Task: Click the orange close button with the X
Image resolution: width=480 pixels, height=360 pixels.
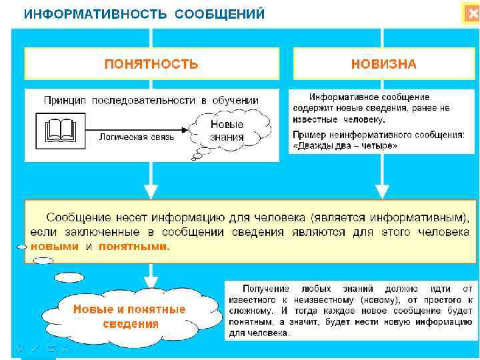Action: click(x=472, y=14)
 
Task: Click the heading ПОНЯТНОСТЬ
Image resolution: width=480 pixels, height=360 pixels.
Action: click(x=151, y=64)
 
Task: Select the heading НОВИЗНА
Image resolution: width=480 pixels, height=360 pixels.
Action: click(x=383, y=64)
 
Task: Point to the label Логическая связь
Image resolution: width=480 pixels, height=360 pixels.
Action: click(x=137, y=137)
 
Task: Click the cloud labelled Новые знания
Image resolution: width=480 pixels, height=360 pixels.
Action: click(x=227, y=131)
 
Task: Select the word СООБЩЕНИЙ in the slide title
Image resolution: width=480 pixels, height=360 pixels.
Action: click(x=220, y=13)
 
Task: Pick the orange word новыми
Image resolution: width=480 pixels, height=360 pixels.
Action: click(x=55, y=245)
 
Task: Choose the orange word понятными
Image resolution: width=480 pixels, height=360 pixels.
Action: click(x=134, y=245)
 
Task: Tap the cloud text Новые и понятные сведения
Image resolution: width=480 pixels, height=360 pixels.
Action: click(x=129, y=316)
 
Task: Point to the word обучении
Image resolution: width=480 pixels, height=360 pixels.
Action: click(x=235, y=100)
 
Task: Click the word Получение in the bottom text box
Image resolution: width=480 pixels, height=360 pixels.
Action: click(x=265, y=289)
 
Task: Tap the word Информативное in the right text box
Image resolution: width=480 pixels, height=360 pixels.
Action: click(x=341, y=97)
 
